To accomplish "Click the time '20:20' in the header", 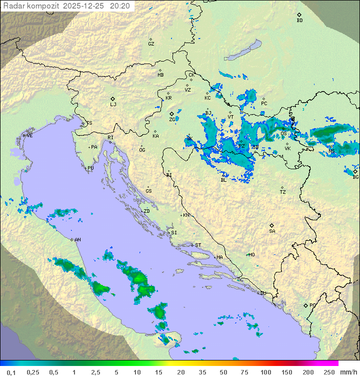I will [120, 6].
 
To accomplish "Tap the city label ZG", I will [172, 120].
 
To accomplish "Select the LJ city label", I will [113, 104].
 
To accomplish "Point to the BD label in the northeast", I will [299, 21].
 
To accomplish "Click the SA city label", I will [272, 231].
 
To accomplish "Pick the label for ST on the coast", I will [198, 245].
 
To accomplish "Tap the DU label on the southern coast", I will [263, 293].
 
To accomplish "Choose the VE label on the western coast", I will [29, 136].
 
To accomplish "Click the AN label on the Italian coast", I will [77, 240].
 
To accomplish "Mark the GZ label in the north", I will [151, 44].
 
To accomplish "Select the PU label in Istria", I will [90, 168].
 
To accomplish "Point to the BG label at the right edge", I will [355, 177].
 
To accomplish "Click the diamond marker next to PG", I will [305, 305].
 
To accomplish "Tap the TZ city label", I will [283, 192].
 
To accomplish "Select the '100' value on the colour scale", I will [266, 372].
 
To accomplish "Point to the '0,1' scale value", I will [11, 372].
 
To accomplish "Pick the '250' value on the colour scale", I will [329, 372].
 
